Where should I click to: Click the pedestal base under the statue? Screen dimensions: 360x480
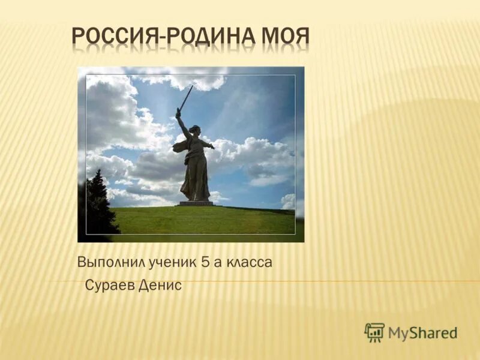point(196,203)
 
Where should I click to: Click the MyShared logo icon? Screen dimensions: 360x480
point(374,332)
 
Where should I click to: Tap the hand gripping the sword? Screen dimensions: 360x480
point(178,112)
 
